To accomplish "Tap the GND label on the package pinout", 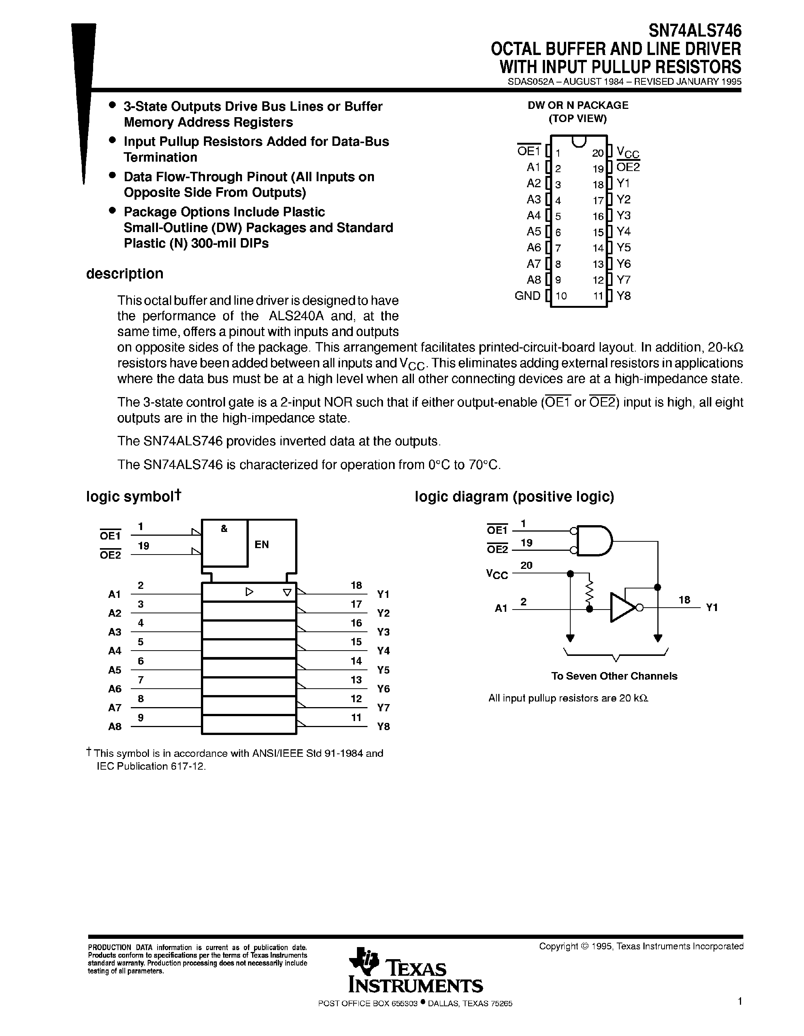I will click(x=527, y=296).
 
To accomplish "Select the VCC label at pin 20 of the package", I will click(x=628, y=152).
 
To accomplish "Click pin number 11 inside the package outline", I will click(x=597, y=296).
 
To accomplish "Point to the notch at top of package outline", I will click(x=579, y=141).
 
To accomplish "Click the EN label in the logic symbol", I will click(x=262, y=545).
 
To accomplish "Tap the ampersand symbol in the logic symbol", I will click(x=224, y=529).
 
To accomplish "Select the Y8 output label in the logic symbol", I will click(x=383, y=726).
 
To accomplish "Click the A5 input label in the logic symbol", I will click(x=114, y=670).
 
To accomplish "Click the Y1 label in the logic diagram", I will click(x=711, y=608).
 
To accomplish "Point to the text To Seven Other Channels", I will click(x=614, y=676).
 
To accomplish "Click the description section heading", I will click(x=124, y=274).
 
